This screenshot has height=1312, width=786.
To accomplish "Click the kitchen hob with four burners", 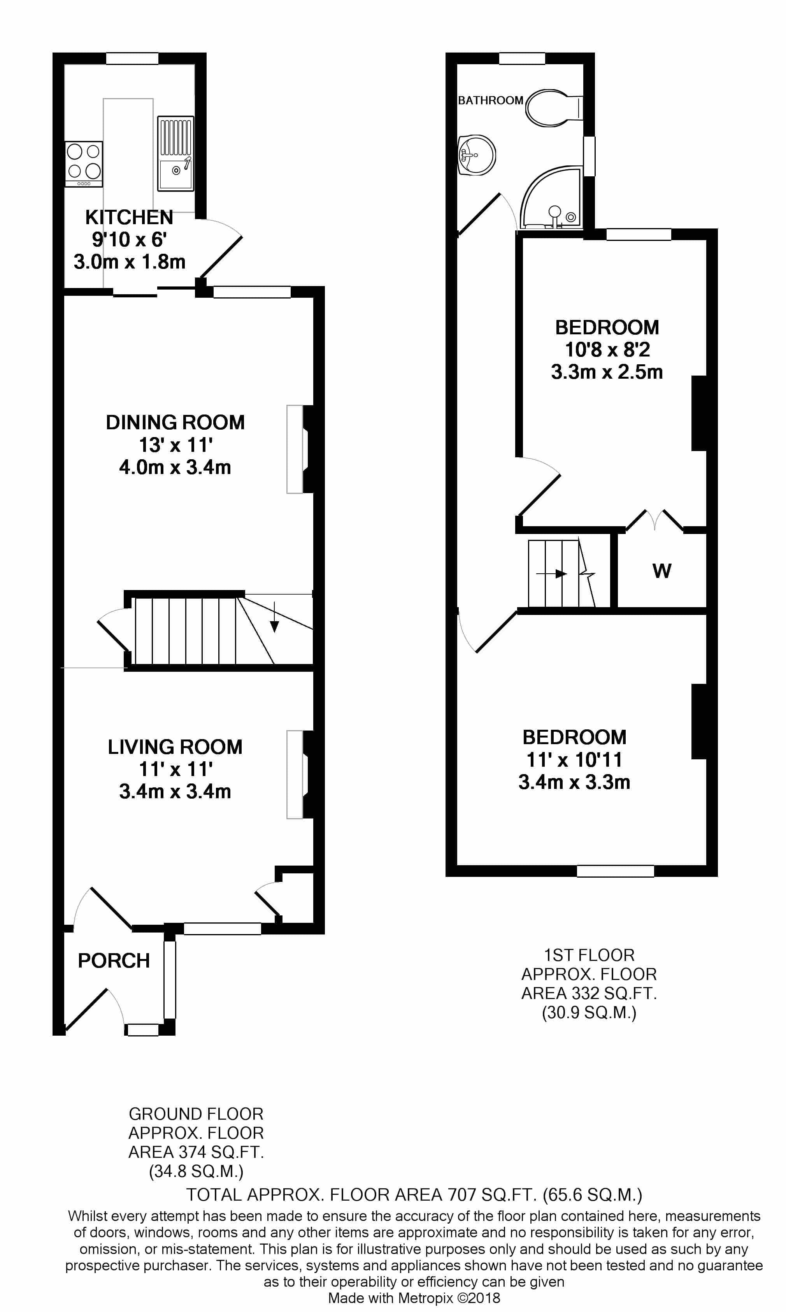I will (x=84, y=164).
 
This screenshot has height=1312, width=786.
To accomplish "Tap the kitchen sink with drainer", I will (x=175, y=154).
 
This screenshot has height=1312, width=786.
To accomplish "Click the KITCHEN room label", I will (x=129, y=217).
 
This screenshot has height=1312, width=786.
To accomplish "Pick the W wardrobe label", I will (x=661, y=571).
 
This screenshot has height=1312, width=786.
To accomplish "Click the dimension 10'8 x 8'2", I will (x=607, y=350).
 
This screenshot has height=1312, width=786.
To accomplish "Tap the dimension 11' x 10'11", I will (x=574, y=760).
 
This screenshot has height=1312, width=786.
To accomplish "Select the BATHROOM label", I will (x=490, y=100).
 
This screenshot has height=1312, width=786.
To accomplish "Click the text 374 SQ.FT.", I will (x=223, y=1152).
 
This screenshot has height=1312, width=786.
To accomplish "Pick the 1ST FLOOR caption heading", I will (x=589, y=955).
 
